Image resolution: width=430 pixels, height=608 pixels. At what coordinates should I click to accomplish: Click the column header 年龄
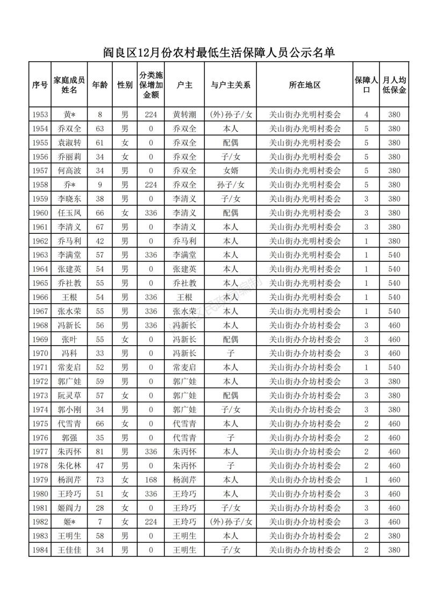pos(100,85)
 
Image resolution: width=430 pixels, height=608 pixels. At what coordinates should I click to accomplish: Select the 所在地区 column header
pos(304,85)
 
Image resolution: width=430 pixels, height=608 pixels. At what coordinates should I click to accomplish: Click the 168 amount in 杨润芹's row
pos(151,480)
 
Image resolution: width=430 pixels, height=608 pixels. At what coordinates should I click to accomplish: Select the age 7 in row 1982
pos(100,522)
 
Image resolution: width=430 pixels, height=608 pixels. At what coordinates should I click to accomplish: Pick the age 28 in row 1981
pos(100,508)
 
